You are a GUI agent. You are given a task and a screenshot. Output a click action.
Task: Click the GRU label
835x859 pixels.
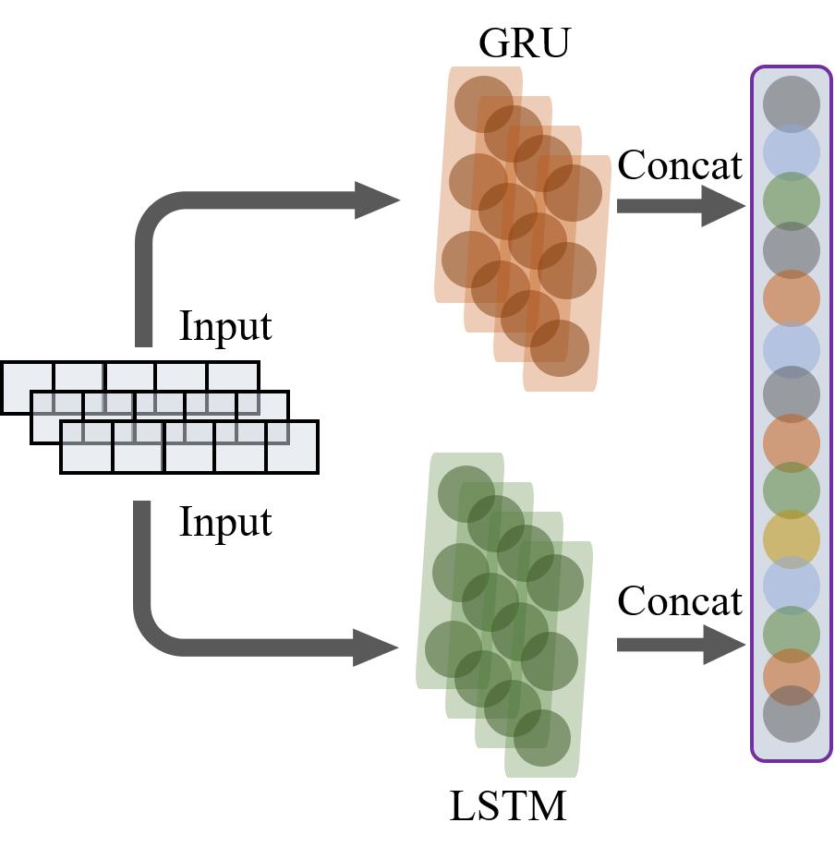pos(524,43)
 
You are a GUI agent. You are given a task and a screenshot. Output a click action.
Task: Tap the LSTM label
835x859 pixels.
pos(507,806)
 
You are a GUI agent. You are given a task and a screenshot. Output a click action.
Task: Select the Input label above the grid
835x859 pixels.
pos(225,327)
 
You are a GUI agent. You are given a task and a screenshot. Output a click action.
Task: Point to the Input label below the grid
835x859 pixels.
pos(225,523)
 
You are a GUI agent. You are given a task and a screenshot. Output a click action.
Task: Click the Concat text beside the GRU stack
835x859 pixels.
pos(680,166)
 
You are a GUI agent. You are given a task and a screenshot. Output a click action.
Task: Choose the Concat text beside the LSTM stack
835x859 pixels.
pos(680,602)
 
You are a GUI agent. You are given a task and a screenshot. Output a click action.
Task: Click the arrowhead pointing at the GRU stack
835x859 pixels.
pos(377,200)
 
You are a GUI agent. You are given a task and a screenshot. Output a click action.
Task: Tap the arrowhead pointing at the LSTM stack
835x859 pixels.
pos(377,646)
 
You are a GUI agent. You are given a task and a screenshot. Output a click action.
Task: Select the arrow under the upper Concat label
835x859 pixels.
pos(680,205)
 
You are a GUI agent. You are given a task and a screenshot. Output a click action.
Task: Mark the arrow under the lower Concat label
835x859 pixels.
pos(680,644)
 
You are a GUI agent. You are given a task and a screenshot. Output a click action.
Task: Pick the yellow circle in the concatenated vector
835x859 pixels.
pos(792,538)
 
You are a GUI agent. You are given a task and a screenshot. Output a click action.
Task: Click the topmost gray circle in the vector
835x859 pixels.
pos(792,103)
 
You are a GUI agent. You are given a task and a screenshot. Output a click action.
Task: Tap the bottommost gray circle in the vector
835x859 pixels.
pos(792,714)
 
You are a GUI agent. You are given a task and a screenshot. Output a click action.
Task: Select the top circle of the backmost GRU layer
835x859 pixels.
pos(483,103)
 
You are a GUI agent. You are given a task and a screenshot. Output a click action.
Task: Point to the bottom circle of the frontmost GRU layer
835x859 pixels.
pos(560,348)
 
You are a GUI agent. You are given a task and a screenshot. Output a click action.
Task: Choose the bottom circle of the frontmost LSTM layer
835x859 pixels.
pos(542,738)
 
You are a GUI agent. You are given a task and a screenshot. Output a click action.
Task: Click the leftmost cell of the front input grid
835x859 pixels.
pos(87,447)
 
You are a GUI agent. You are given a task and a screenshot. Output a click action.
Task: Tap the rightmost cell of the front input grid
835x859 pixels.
pos(293,447)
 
